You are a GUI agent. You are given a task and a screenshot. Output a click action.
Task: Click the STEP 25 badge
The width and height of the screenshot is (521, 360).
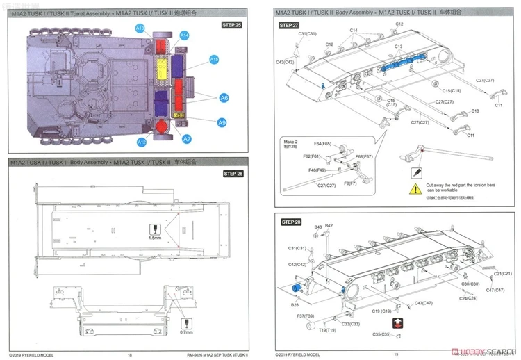click(231, 25)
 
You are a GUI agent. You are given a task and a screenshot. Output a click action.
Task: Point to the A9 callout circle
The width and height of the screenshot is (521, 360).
click(222, 122)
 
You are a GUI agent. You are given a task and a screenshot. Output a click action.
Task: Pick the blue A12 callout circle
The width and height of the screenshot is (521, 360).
click(141, 142)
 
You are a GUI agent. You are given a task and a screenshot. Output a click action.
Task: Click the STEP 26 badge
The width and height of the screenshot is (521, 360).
click(231, 174)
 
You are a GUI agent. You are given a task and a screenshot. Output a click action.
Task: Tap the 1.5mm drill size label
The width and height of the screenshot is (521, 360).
click(154, 238)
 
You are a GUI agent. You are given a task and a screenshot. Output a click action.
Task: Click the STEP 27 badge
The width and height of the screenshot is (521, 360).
click(289, 25)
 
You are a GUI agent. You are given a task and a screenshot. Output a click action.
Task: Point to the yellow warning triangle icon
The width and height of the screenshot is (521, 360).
click(415, 188)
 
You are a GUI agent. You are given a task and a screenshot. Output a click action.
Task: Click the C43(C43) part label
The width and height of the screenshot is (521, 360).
click(285, 63)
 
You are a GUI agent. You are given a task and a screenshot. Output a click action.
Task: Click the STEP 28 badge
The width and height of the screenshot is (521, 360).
click(290, 222)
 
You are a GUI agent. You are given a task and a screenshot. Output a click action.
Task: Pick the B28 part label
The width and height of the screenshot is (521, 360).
click(295, 304)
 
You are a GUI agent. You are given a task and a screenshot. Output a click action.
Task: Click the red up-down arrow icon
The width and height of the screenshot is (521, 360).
click(397, 323)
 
